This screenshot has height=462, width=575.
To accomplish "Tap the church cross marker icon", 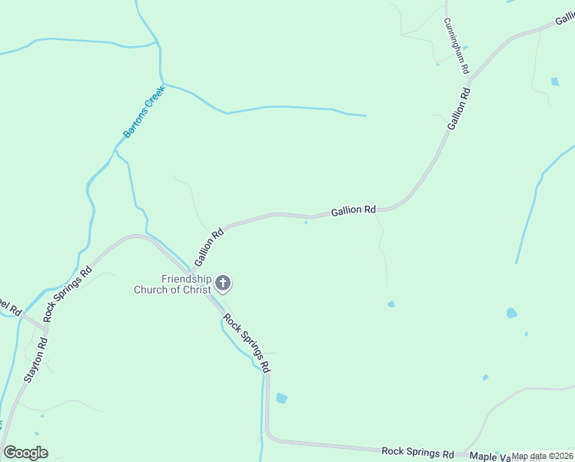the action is [x=223, y=283].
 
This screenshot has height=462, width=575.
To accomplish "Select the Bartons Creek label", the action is [x=145, y=112].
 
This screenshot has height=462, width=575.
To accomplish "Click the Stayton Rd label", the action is [x=36, y=360].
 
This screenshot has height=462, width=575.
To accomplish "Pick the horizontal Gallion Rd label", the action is [x=354, y=210].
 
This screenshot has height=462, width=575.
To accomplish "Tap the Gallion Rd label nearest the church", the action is [x=209, y=241].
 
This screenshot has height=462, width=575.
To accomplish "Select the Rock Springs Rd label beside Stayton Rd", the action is [x=67, y=293].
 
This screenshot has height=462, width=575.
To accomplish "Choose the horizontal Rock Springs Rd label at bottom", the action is [x=418, y=452].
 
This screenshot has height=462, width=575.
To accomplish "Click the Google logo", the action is [x=25, y=453].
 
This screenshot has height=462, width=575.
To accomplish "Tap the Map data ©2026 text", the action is [x=543, y=456].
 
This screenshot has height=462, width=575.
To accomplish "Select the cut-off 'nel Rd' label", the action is [x=9, y=304].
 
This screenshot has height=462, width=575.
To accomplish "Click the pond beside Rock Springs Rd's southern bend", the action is [x=281, y=398].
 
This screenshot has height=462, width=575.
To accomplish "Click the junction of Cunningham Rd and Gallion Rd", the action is [x=469, y=79].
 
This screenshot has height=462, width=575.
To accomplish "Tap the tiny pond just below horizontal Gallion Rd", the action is [x=306, y=224].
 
